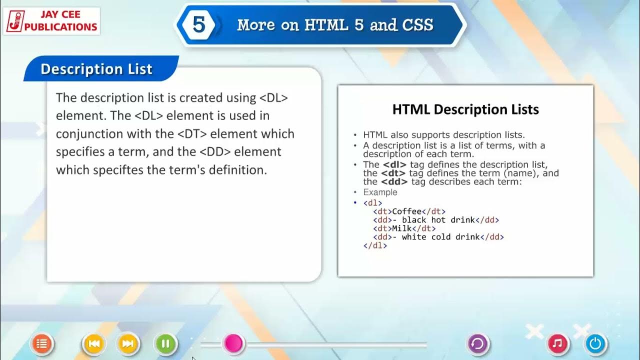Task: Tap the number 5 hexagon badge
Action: [x=199, y=25]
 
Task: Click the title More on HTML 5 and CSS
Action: [x=335, y=25]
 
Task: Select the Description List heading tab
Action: [x=96, y=69]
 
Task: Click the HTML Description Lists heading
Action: [x=465, y=109]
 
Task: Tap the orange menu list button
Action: [x=42, y=343]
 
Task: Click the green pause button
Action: [x=166, y=343]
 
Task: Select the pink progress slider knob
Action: [x=233, y=343]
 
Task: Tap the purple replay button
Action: [x=477, y=343]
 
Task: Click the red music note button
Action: [x=558, y=343]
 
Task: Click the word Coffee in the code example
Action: [x=406, y=211]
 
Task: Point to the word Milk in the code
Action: [x=402, y=228]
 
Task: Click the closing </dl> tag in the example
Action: [x=375, y=245]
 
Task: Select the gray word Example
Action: [x=380, y=192]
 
